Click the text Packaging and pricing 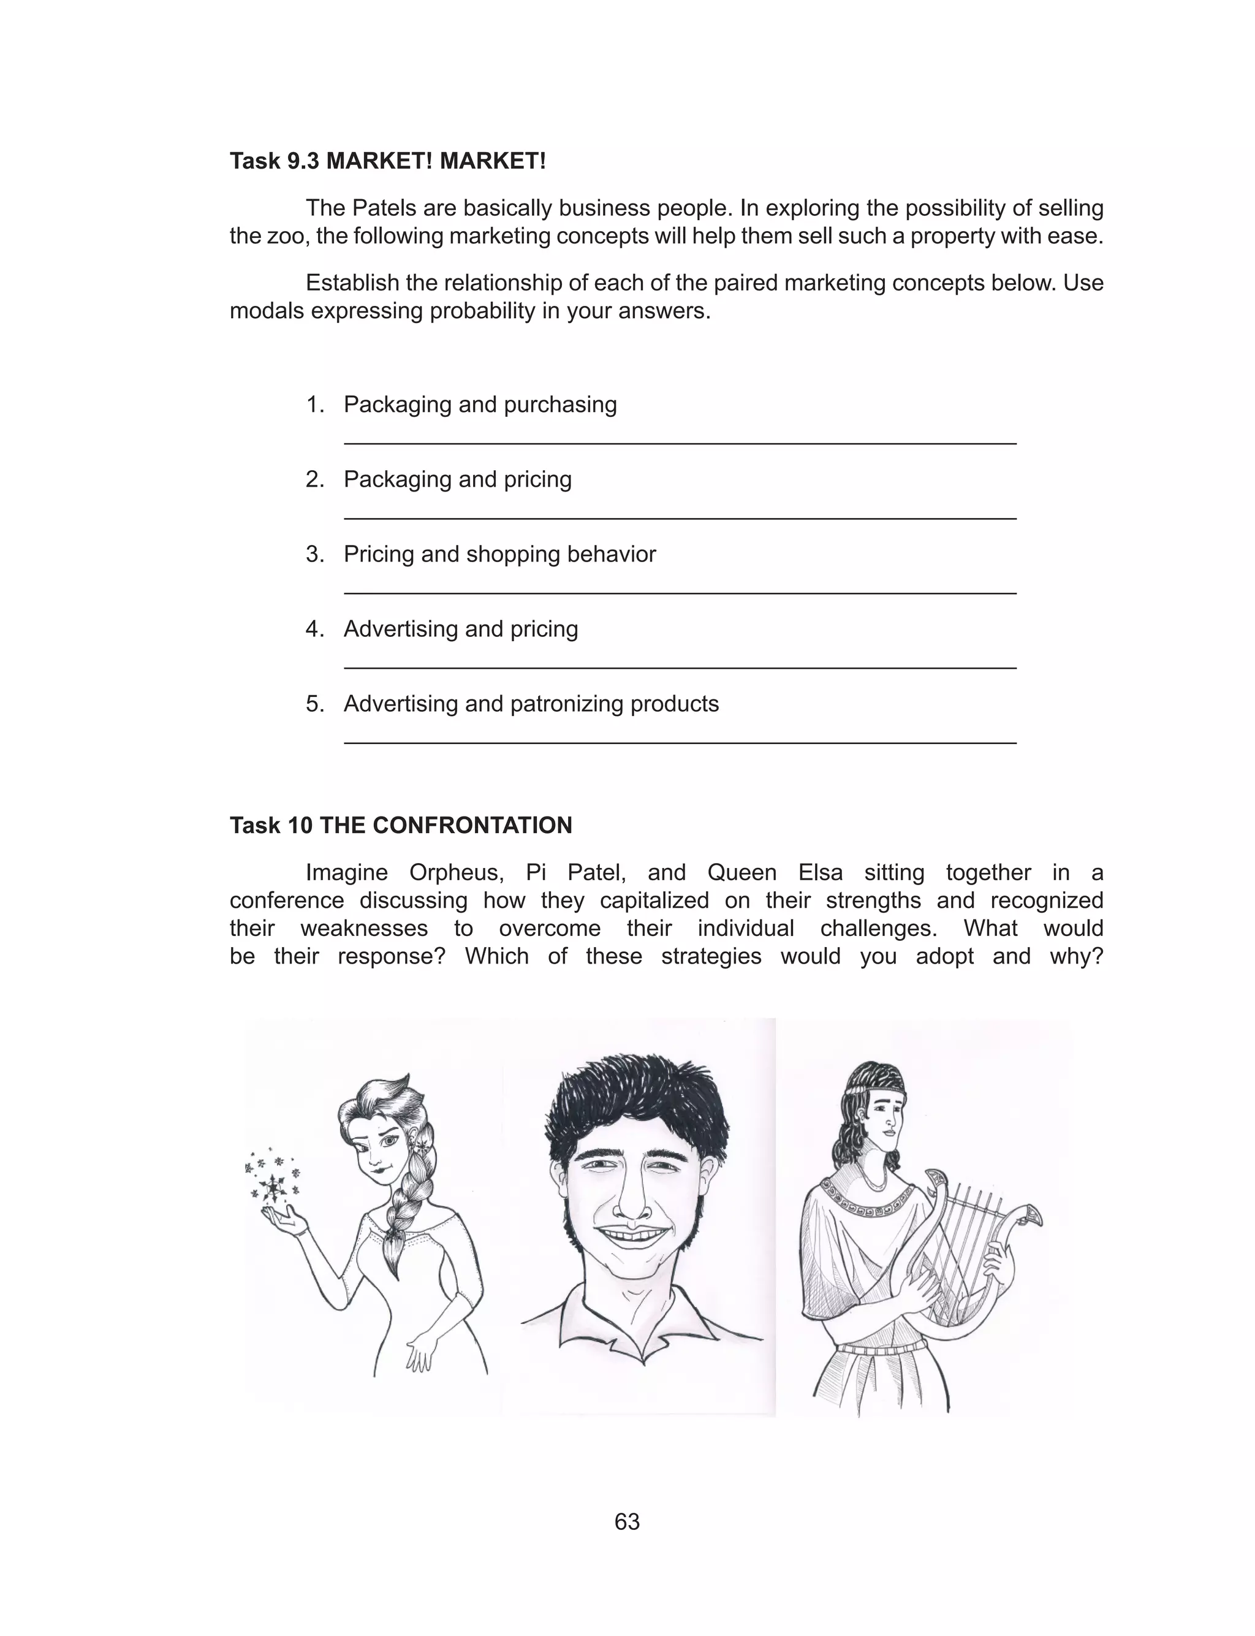457,479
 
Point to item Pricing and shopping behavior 499,554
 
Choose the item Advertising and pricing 460,629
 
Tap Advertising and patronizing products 531,704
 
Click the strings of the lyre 971,1240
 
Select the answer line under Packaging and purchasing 680,444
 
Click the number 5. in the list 314,704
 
